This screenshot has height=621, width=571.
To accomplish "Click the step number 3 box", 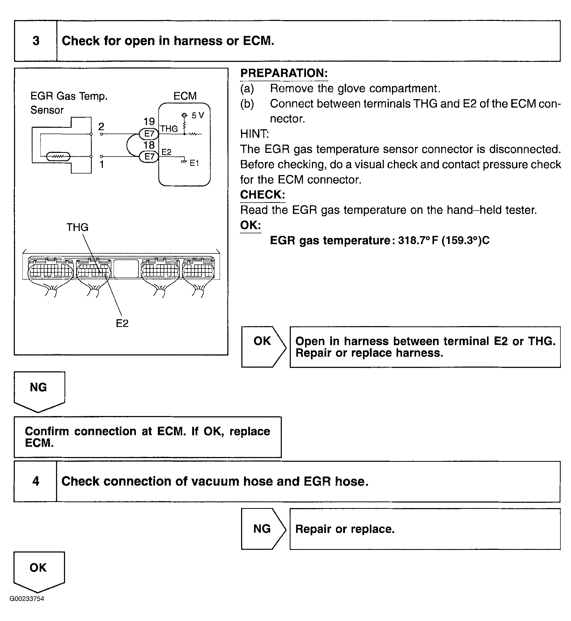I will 36,41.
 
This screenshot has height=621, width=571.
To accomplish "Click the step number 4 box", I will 35,481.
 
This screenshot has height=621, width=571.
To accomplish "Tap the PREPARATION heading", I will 284,73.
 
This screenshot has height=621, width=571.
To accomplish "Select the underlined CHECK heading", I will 262,195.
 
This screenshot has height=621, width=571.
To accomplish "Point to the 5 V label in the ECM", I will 198,116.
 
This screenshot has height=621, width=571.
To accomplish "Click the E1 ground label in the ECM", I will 194,163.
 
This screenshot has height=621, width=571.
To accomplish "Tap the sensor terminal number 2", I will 101,126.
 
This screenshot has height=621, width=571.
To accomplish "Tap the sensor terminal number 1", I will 101,165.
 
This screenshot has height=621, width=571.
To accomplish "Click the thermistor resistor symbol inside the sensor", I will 58,157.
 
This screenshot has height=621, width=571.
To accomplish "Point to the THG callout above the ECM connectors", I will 77,227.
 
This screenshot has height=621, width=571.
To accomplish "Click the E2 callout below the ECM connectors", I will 122,323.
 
